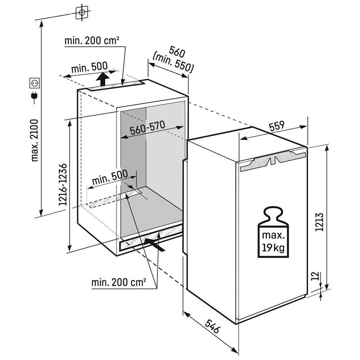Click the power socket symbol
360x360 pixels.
click(35, 83)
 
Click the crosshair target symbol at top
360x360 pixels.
click(82, 13)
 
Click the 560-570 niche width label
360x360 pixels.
click(147, 128)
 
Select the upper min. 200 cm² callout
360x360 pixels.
click(92, 41)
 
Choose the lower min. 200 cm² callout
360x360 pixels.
click(118, 283)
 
